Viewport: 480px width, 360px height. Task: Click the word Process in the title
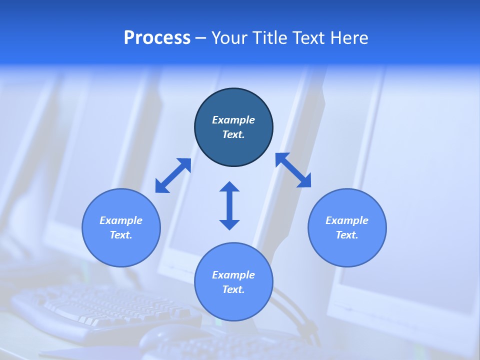pos(157,38)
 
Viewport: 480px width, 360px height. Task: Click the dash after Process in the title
pos(200,38)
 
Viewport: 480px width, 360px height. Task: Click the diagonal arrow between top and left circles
pos(173,175)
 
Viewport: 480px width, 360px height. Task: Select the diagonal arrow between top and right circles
pos(293,170)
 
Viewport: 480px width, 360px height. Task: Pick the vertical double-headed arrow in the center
pos(229,205)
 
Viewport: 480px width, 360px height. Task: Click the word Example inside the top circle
pos(233,120)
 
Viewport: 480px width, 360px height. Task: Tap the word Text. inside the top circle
pos(233,134)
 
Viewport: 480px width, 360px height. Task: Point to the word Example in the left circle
pos(121,220)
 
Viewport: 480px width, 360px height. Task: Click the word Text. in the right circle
pos(347,235)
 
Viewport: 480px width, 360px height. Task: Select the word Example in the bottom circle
pos(233,275)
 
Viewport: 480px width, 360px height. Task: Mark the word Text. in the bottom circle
pos(233,289)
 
